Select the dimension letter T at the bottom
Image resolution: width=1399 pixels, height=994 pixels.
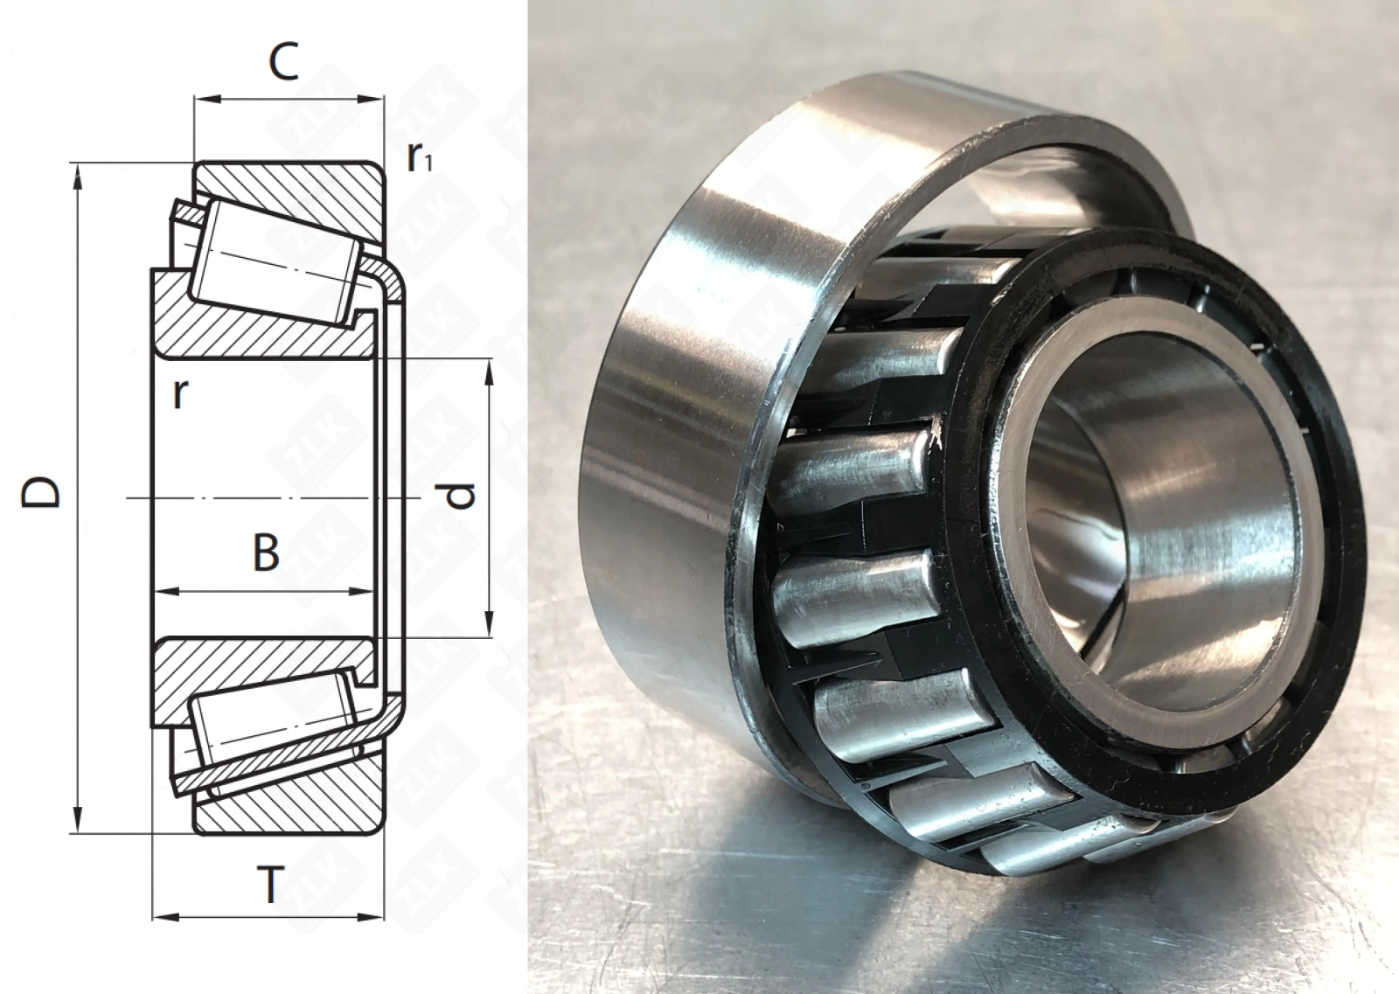[270, 885]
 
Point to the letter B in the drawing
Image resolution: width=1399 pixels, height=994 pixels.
[266, 552]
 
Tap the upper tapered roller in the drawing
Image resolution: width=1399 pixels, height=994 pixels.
[275, 262]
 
